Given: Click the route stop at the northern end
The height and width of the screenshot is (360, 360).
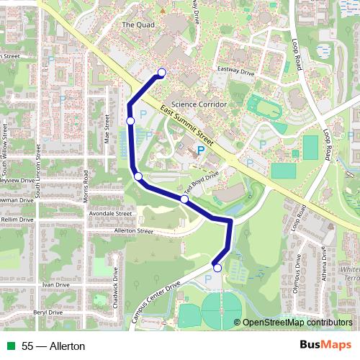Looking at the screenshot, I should pyautogui.click(x=162, y=72).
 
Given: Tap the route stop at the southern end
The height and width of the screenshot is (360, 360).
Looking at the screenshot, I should pyautogui.click(x=217, y=268).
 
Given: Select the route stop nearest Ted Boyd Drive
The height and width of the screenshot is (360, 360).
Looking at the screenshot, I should pyautogui.click(x=184, y=199).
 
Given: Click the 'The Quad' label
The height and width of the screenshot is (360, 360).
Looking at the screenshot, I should pyautogui.click(x=139, y=24).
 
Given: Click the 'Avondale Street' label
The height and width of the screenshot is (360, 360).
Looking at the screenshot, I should pyautogui.click(x=109, y=214).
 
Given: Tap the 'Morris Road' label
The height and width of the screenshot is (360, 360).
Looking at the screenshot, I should pyautogui.click(x=86, y=186).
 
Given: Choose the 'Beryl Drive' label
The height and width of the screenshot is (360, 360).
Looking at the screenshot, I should pyautogui.click(x=48, y=312).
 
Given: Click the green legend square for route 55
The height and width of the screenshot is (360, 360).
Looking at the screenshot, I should pyautogui.click(x=9, y=346).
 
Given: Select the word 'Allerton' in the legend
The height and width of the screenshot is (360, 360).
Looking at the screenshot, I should pyautogui.click(x=68, y=346).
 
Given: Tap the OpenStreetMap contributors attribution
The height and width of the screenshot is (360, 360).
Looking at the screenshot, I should pyautogui.click(x=297, y=323).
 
